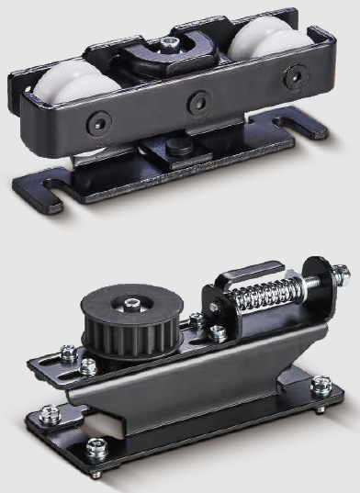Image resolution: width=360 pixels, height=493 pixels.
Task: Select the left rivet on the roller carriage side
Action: pos(96,121)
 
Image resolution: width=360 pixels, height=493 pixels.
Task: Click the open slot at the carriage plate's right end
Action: pos(308,118)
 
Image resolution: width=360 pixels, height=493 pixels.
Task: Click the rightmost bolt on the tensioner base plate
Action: pos(321,386)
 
